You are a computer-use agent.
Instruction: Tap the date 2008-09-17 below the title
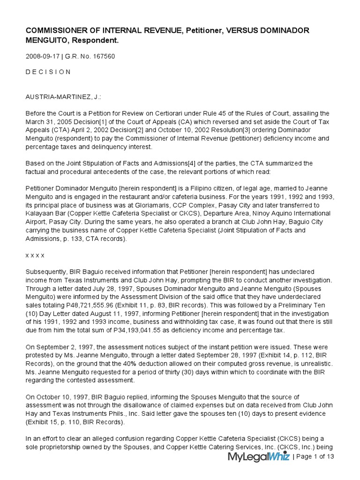point(41,57)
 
